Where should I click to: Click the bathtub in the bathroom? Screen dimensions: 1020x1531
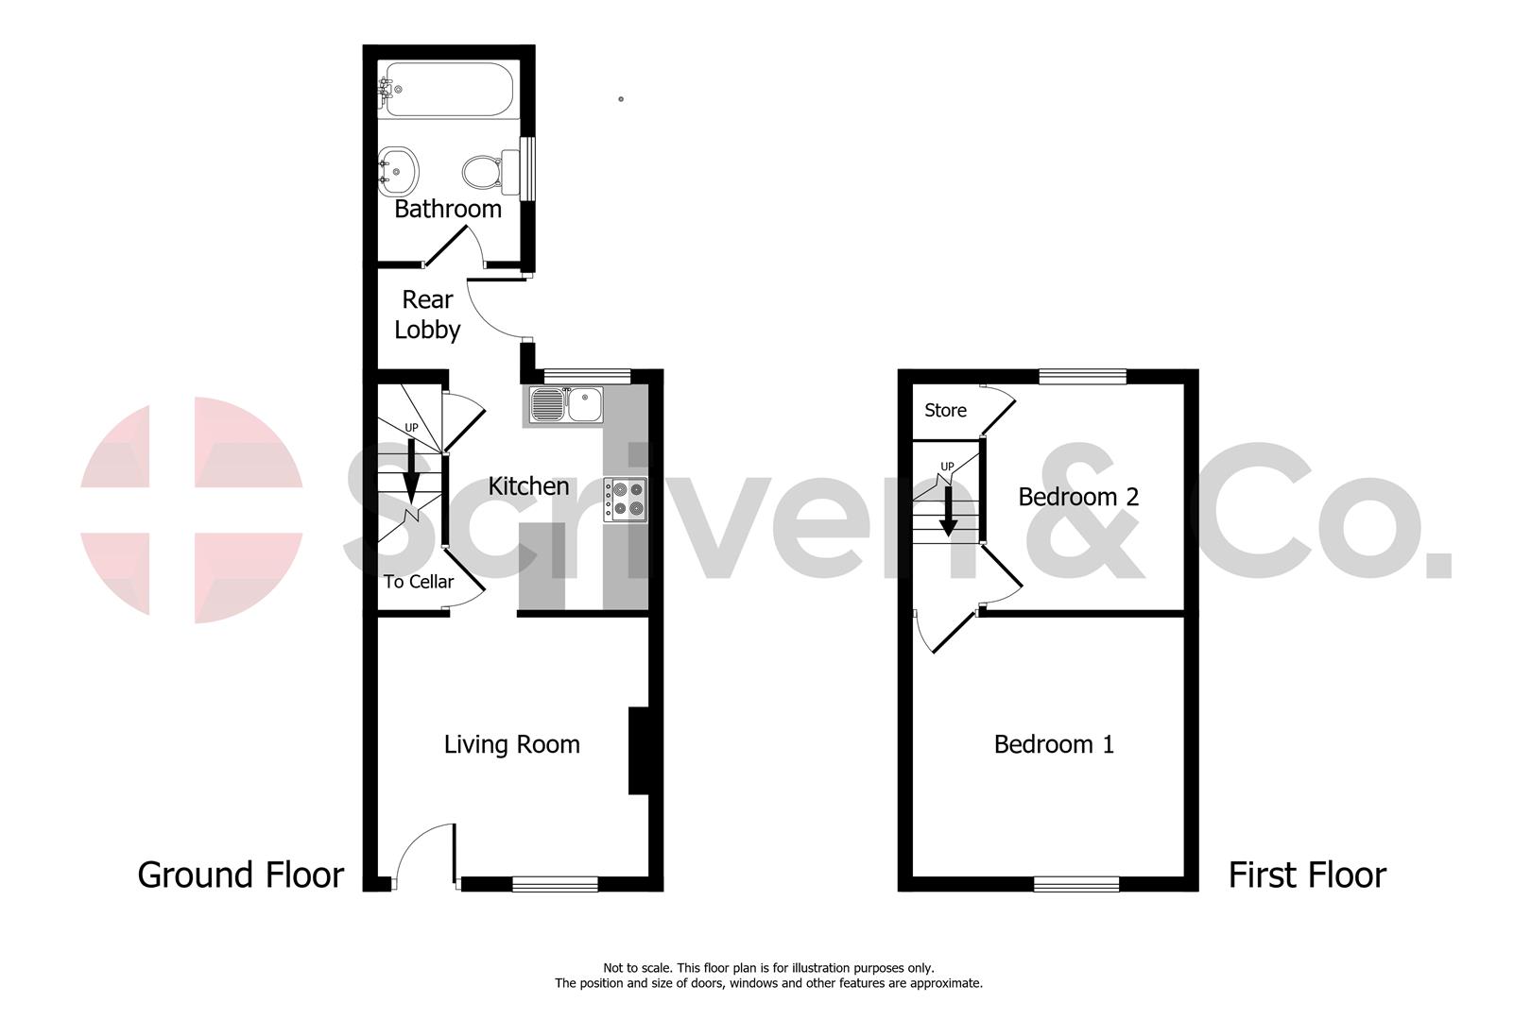click(447, 89)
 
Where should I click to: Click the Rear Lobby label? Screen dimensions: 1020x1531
click(427, 314)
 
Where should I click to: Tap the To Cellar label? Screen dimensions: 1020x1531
click(418, 582)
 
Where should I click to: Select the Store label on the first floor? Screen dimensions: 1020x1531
click(945, 411)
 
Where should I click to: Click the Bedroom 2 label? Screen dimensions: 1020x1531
click(1078, 497)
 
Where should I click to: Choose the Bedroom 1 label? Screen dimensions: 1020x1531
click(1054, 744)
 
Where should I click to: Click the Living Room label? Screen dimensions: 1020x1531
click(511, 744)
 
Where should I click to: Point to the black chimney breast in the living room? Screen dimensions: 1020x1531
click(639, 751)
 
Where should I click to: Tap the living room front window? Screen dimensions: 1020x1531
click(555, 884)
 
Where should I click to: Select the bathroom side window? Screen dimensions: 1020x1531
click(528, 169)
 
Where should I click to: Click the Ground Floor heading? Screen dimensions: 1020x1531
click(240, 875)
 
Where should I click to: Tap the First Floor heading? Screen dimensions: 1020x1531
click(1306, 875)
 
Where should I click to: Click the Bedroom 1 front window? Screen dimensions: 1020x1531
click(1076, 884)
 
